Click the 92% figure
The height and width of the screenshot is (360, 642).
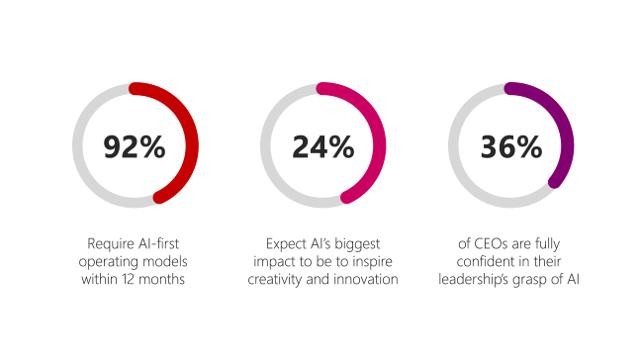point(135,146)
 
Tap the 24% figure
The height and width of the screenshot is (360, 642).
point(322,146)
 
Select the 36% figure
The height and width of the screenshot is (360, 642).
point(510,146)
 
